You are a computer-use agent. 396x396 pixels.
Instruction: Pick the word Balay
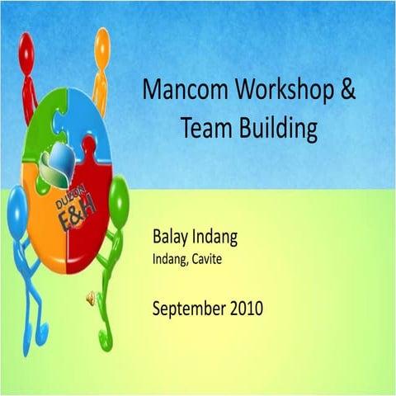(x=171, y=238)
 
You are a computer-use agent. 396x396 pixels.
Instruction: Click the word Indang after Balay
(x=214, y=238)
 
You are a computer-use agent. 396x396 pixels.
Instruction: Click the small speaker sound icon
(x=91, y=299)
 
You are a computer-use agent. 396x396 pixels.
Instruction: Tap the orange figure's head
(x=102, y=41)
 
